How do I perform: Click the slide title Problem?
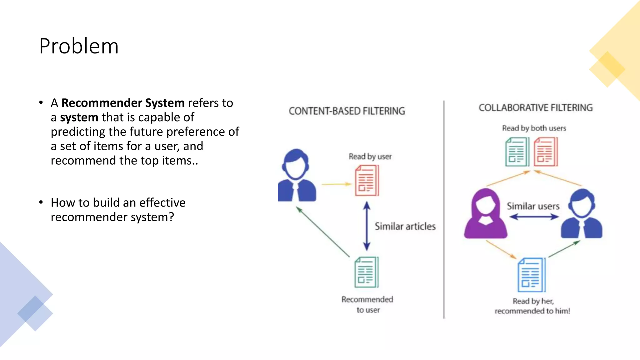tap(79, 46)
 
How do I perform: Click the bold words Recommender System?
tap(123, 103)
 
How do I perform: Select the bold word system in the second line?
tap(79, 117)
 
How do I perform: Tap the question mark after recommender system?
tap(171, 217)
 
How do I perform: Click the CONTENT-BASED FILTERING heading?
tap(347, 111)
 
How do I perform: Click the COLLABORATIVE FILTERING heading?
tap(535, 108)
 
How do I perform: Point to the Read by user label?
tap(370, 156)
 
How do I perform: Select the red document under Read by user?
tap(367, 181)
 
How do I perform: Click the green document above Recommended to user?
tap(366, 272)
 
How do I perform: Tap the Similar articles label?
tap(405, 226)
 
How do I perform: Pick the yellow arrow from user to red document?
tap(336, 184)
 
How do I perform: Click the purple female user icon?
tap(485, 214)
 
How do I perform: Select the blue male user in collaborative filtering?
tap(582, 214)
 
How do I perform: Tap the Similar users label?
tap(533, 206)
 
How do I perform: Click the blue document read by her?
tap(531, 275)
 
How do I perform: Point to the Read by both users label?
tap(534, 128)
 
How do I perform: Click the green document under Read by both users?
tap(517, 152)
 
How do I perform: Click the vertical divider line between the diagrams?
tap(444, 209)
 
